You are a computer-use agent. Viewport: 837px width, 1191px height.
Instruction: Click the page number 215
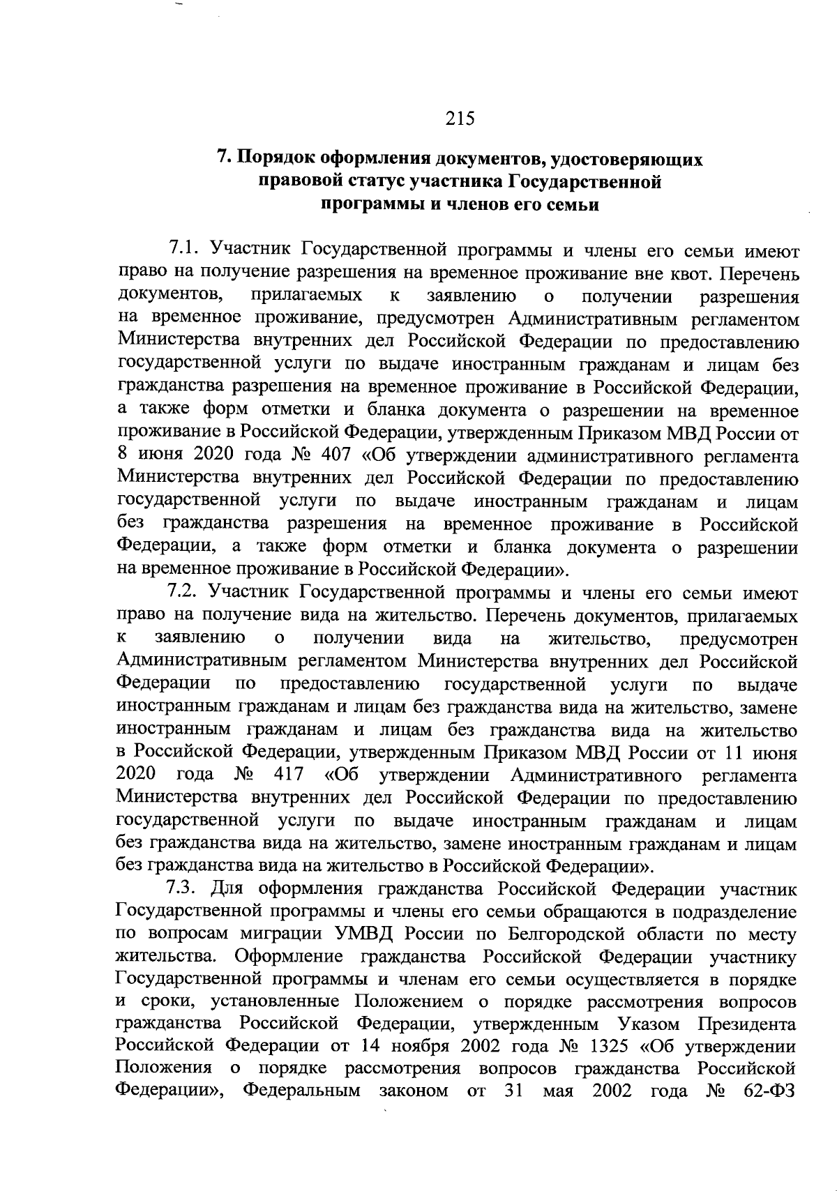pyautogui.click(x=460, y=119)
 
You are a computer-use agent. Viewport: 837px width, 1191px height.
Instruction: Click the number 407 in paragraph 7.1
pyautogui.click(x=335, y=457)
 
